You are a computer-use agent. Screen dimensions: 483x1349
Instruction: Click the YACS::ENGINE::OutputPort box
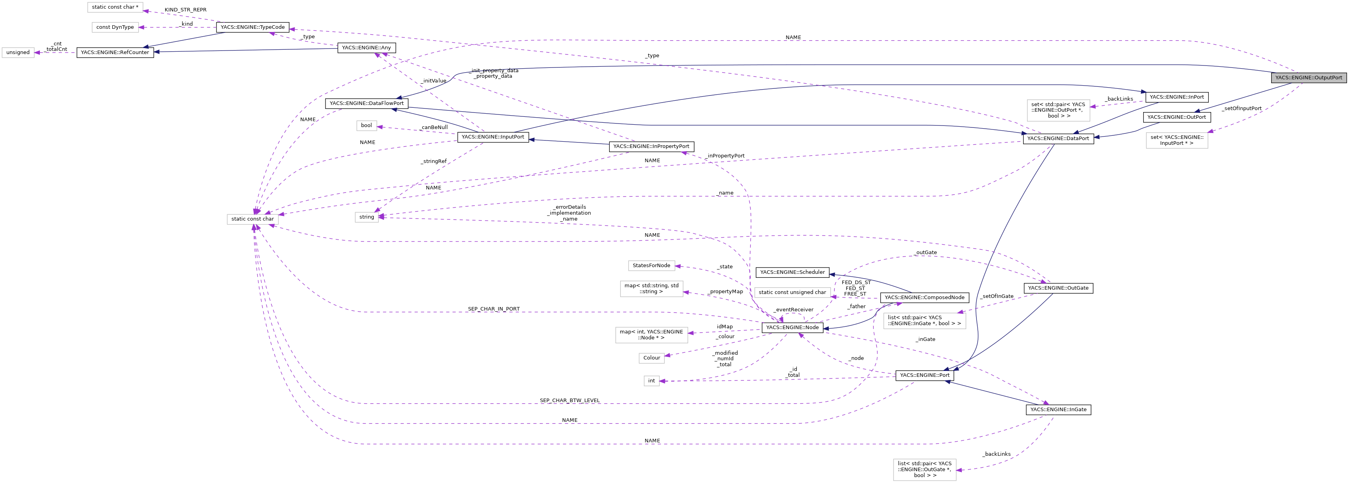pos(1308,77)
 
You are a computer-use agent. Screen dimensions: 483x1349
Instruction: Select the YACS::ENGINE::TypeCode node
pos(252,27)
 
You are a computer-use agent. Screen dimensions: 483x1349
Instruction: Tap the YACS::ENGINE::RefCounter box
pos(115,52)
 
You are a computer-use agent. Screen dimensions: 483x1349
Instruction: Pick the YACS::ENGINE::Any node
pos(366,48)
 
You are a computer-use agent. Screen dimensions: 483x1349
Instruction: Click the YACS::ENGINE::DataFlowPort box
pos(366,103)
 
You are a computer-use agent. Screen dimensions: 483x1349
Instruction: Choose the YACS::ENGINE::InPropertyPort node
pos(651,146)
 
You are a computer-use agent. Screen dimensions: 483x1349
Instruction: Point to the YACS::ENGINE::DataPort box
pos(1058,139)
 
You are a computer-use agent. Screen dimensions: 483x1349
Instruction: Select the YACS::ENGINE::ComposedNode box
pos(924,297)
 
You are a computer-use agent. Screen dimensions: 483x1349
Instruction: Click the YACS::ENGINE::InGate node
pos(1058,410)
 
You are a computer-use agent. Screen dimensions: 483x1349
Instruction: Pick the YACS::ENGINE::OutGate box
pos(1058,288)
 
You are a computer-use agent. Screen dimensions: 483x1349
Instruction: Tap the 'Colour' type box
pos(651,358)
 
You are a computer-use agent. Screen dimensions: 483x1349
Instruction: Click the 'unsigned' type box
pos(18,52)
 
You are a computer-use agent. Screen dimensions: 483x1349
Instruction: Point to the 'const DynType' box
pos(115,27)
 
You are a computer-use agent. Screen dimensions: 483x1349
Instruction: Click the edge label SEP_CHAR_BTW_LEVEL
pos(569,400)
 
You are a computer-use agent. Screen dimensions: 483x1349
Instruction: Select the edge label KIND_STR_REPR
pos(185,10)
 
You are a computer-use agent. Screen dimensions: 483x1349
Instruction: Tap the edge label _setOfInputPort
pos(1242,109)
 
